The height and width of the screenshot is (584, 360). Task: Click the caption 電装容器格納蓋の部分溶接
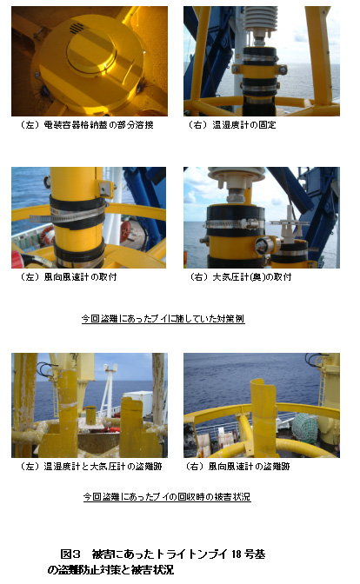[99, 125]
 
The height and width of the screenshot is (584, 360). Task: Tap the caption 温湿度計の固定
[244, 125]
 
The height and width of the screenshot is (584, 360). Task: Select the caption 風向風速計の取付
[80, 276]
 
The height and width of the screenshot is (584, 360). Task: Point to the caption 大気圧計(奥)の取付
[252, 276]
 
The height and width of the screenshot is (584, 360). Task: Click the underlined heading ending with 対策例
[163, 319]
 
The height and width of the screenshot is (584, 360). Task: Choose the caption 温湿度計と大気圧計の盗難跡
[103, 467]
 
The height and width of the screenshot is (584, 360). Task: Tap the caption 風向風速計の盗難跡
[249, 467]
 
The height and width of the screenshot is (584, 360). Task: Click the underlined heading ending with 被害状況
[167, 497]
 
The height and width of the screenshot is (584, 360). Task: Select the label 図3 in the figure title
[70, 554]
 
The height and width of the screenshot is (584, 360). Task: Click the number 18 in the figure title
[237, 554]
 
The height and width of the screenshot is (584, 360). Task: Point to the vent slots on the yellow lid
[76, 27]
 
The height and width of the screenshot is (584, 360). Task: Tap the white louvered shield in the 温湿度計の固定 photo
[260, 19]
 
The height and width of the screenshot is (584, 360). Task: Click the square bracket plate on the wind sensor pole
[104, 188]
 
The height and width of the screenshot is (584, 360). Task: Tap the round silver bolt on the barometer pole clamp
[261, 245]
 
